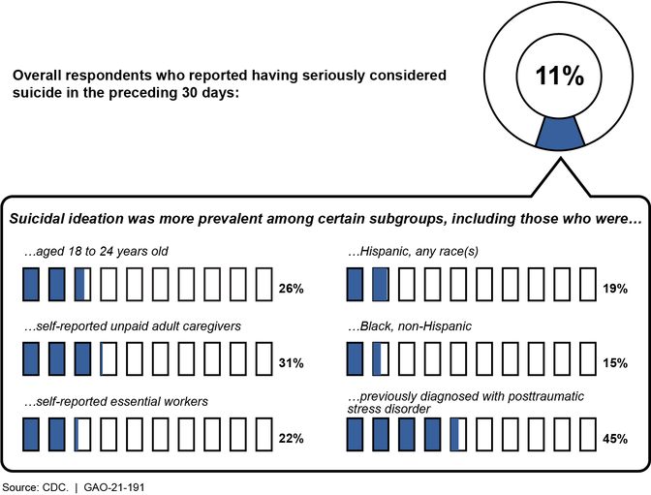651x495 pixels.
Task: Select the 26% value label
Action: click(291, 289)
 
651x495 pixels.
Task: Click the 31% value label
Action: click(291, 363)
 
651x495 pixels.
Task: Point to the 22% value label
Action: click(291, 439)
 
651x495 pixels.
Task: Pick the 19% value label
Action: click(615, 289)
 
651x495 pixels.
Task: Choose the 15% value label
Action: click(615, 363)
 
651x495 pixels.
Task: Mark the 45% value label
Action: click(615, 439)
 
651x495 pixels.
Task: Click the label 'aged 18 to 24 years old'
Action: click(96, 251)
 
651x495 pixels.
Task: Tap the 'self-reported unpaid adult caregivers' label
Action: click(132, 326)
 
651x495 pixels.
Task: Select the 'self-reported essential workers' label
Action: click(116, 401)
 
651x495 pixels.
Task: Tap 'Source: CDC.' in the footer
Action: click(34, 481)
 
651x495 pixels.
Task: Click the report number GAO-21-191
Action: click(114, 481)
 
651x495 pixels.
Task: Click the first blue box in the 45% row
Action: click(356, 436)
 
